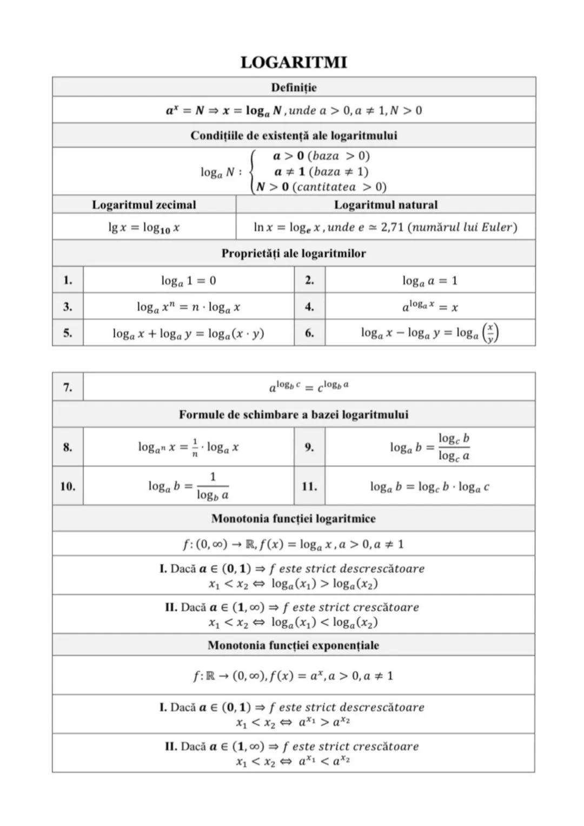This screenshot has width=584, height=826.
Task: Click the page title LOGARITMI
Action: [x=294, y=63]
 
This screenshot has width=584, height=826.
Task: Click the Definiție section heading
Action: [x=294, y=87]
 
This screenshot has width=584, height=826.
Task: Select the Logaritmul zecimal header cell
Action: [x=144, y=204]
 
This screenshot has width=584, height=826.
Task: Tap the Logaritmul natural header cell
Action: [x=386, y=204]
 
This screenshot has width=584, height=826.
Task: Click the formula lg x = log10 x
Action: [x=144, y=228]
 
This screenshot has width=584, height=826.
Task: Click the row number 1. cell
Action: [x=68, y=280]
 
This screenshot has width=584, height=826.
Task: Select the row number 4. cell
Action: [x=309, y=307]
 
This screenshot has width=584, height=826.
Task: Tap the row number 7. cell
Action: [x=68, y=387]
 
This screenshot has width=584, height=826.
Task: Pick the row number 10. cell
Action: [x=68, y=486]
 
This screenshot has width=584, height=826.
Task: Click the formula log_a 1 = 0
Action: [x=188, y=281]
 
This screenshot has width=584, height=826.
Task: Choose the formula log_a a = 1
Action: [x=430, y=281]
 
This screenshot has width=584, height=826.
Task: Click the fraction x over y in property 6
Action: [x=490, y=333]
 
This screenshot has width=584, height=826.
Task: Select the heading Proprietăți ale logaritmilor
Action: [x=294, y=253]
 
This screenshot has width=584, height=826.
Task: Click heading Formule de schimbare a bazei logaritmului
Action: [x=294, y=415]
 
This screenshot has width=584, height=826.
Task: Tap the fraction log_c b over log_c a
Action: [x=454, y=447]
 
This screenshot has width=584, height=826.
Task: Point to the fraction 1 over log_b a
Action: [x=213, y=486]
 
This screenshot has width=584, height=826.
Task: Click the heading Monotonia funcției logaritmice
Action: [x=294, y=519]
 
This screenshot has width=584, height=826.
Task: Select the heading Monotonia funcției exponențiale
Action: [x=294, y=645]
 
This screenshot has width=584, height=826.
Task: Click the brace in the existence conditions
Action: [x=251, y=171]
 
